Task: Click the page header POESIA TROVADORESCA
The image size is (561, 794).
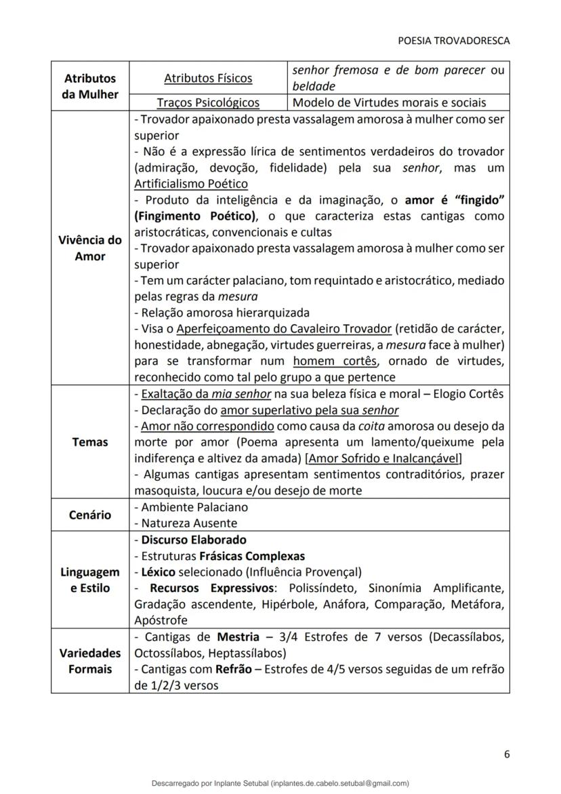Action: (453, 41)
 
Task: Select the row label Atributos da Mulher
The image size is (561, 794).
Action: (89, 87)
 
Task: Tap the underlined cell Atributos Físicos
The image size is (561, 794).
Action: (208, 79)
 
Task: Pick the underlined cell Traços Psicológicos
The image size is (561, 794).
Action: (208, 103)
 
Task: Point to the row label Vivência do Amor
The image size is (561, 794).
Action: (89, 248)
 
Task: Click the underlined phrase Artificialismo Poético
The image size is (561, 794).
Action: (190, 184)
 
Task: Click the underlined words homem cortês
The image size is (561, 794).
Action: (334, 361)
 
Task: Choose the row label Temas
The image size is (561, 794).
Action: (89, 442)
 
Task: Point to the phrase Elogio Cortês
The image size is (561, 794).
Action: (468, 394)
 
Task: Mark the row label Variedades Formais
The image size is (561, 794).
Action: (89, 661)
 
